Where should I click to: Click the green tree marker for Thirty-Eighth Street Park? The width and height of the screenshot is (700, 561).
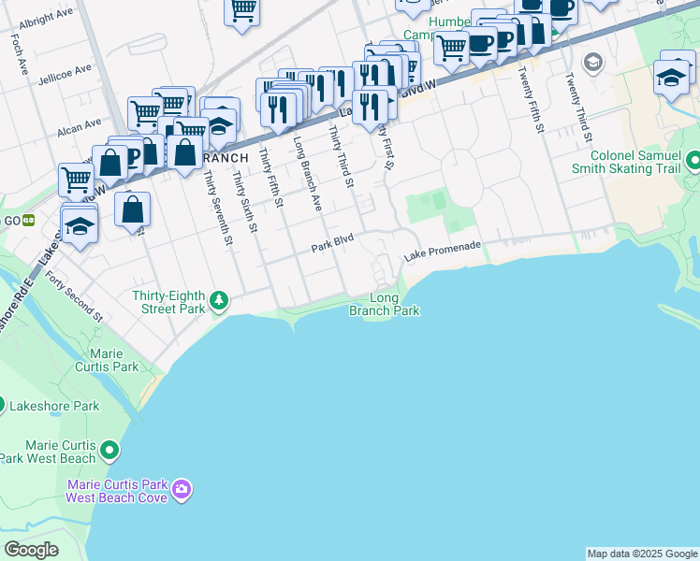coord(218,300)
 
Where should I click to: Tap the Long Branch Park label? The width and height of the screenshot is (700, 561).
coord(385,305)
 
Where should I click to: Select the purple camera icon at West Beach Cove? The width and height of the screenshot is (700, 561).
coord(182,489)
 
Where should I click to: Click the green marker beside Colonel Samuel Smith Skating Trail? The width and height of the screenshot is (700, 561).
coord(693,162)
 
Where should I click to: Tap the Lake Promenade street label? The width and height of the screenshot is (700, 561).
coord(443,249)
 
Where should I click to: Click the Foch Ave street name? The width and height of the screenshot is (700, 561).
coord(19,55)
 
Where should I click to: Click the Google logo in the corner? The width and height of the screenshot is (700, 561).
coord(31,549)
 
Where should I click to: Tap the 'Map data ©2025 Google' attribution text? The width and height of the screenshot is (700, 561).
coord(642,554)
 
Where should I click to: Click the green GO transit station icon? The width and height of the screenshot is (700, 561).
coord(29,221)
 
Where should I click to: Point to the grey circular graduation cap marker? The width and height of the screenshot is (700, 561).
coord(591,63)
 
